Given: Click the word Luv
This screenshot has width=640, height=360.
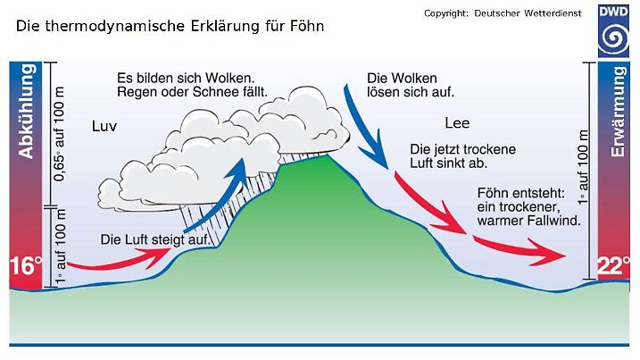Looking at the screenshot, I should (104, 126).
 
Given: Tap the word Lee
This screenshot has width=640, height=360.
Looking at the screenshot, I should (456, 123).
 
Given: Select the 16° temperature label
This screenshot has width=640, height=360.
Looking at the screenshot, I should (26, 265).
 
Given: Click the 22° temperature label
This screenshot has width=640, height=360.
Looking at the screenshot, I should (614, 265).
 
